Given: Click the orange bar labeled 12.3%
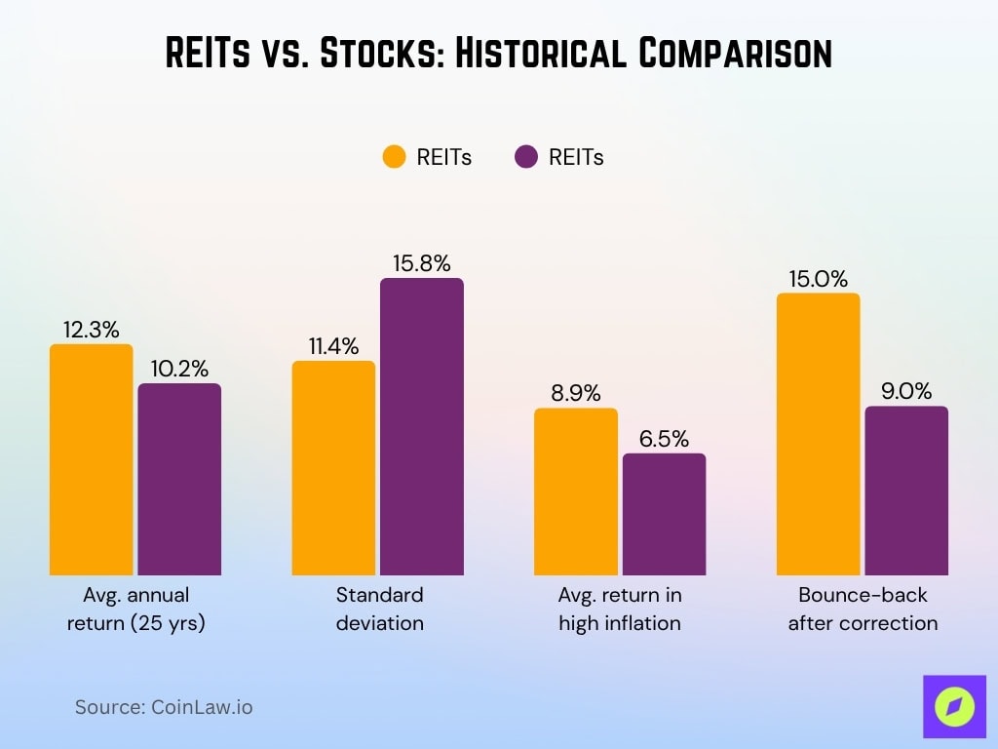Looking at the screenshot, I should click(91, 459).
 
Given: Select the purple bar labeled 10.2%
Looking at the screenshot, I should click(179, 479).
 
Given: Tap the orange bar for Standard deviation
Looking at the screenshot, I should click(333, 468).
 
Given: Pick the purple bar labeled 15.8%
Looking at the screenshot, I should click(422, 426).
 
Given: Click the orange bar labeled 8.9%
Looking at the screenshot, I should click(576, 492).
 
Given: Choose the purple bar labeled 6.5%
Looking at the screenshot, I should click(664, 514).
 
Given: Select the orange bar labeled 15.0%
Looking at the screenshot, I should click(818, 434).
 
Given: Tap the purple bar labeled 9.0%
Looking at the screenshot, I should click(906, 491).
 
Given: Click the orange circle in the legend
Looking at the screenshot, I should click(394, 157).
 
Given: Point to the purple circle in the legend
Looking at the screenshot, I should click(526, 157).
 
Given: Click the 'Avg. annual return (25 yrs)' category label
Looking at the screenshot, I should click(135, 609).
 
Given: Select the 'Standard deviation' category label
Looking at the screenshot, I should click(379, 609).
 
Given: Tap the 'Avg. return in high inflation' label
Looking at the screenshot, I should click(620, 609).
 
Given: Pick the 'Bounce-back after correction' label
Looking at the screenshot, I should click(863, 609).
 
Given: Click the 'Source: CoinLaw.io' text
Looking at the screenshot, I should click(164, 707).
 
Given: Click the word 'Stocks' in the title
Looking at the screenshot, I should click(376, 54).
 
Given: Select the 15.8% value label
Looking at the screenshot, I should click(422, 263).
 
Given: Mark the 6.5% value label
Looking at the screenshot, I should click(664, 438).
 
